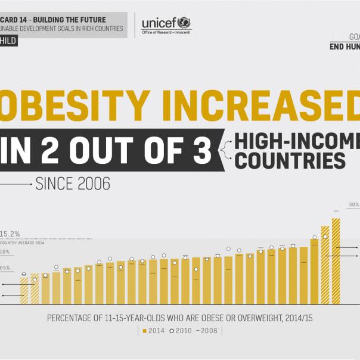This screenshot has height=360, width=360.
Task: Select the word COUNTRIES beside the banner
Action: (x=290, y=160)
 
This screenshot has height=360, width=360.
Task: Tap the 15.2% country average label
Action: (x=10, y=234)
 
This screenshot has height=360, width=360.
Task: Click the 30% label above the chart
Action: (x=354, y=204)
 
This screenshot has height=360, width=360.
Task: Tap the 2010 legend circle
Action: (x=173, y=330)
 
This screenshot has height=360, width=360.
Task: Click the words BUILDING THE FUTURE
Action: (x=73, y=20)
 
